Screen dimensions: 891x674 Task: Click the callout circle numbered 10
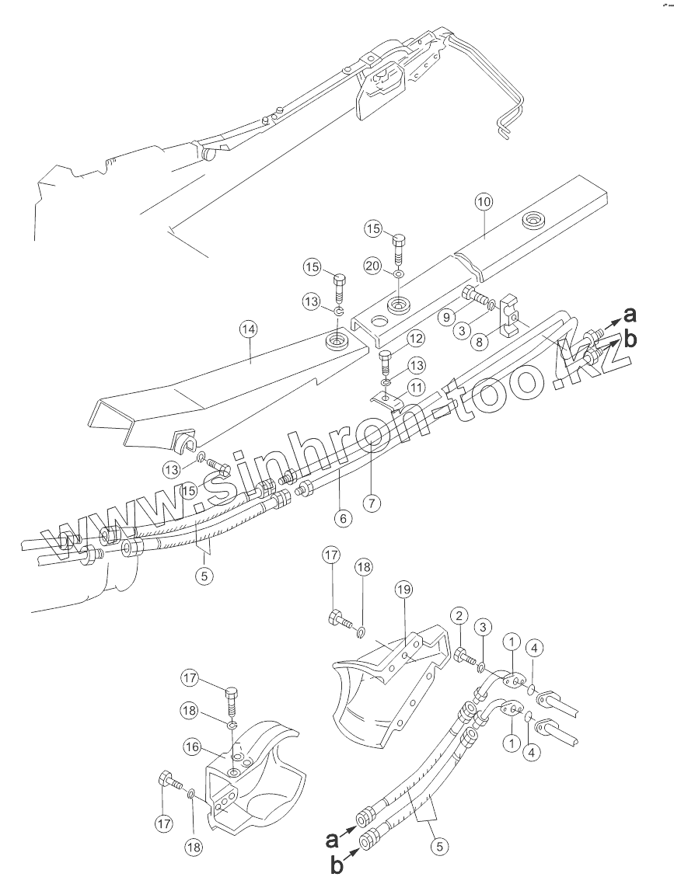click(x=484, y=202)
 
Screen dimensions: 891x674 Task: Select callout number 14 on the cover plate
click(x=248, y=329)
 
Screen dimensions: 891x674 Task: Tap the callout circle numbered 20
click(x=374, y=266)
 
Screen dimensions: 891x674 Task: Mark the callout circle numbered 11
click(x=418, y=386)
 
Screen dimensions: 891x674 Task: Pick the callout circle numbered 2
click(x=460, y=616)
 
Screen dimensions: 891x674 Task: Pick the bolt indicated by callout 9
click(x=474, y=295)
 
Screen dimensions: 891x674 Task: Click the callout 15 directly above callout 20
click(x=374, y=229)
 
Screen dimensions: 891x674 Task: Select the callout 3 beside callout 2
click(x=484, y=627)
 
